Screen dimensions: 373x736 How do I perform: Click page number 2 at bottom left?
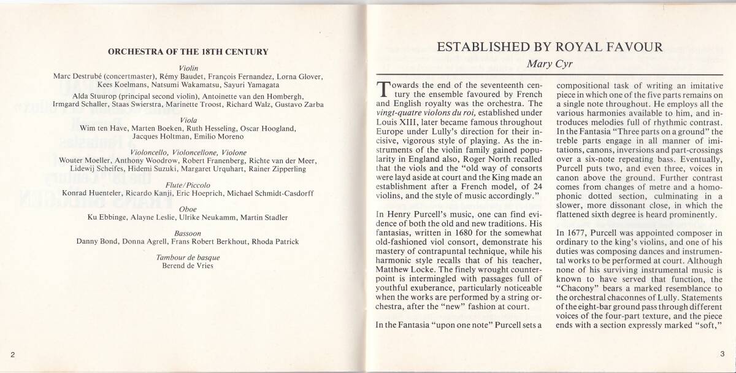coord(12,355)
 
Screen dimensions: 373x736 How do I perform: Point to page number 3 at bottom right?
coord(723,355)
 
